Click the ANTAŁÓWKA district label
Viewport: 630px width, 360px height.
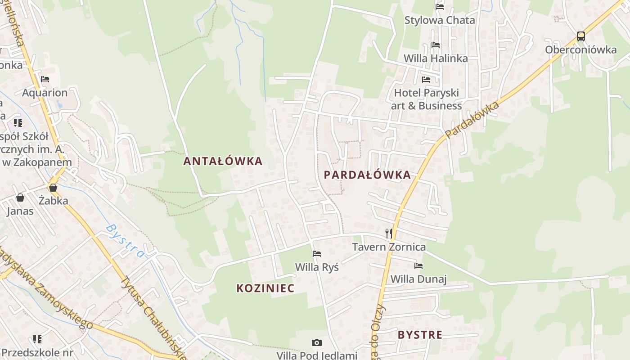pos(222,161)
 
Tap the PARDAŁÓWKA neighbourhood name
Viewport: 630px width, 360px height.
pos(367,175)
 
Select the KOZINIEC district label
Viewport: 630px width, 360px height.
pos(265,288)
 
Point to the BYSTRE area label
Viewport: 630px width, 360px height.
pos(420,335)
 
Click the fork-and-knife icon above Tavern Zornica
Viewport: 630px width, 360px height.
pos(389,233)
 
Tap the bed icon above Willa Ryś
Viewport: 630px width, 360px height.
pos(317,254)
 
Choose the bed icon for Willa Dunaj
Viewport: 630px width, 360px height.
pos(418,266)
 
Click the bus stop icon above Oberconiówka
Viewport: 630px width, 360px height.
pos(581,36)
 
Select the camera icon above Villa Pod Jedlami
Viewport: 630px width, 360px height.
pos(317,343)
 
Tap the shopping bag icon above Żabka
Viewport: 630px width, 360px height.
pos(53,187)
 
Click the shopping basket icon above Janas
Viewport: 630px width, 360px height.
pos(20,198)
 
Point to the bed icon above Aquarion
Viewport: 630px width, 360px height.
pos(45,79)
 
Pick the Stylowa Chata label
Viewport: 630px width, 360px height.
pos(439,20)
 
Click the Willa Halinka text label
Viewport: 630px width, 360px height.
pos(435,58)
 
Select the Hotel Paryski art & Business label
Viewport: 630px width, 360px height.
pos(426,99)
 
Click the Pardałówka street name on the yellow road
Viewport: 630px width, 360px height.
pos(472,120)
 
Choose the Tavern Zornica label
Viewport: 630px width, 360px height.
pos(388,247)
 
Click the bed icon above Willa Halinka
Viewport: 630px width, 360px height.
pos(435,45)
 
